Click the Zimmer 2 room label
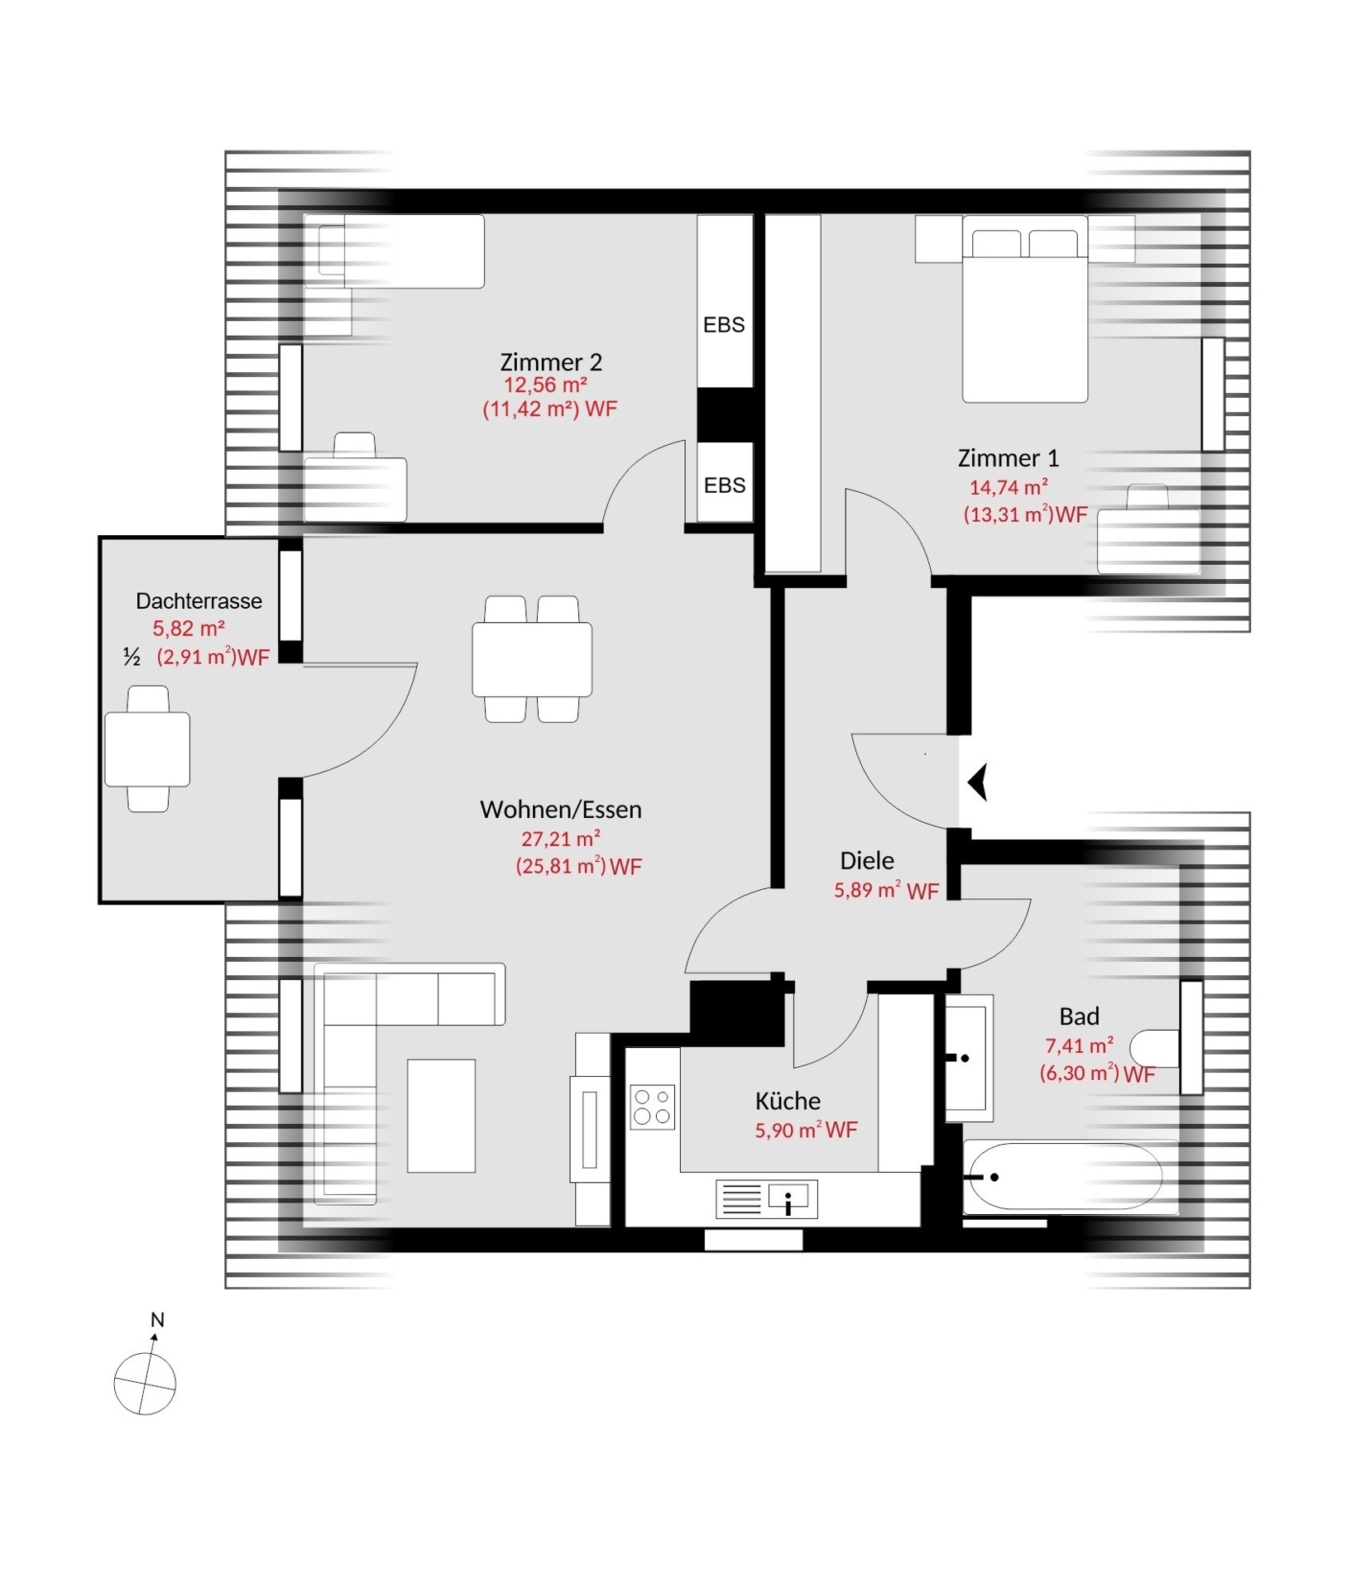tap(551, 362)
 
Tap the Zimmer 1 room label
tap(1008, 458)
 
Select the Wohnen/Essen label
tap(561, 810)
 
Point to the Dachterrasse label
tap(199, 601)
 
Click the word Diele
tap(867, 861)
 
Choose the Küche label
tap(788, 1101)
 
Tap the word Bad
tap(1080, 1016)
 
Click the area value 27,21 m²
tap(560, 839)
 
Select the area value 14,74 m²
tap(1008, 487)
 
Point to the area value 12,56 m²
tap(545, 385)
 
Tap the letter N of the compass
tap(157, 1320)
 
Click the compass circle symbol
tap(145, 1384)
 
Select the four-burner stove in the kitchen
tap(652, 1107)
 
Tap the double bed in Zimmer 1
tap(1024, 309)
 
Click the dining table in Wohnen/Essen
tap(532, 659)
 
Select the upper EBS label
tap(724, 326)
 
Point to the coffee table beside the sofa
tap(441, 1116)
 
